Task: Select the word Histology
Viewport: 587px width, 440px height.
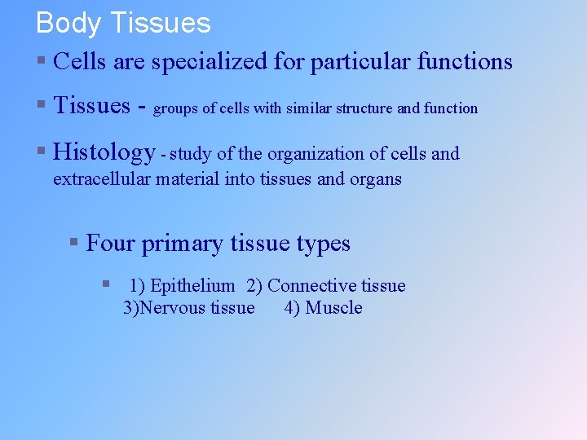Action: coord(104,152)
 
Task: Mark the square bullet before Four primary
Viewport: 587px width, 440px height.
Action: coord(73,242)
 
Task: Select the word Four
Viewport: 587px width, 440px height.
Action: coord(111,244)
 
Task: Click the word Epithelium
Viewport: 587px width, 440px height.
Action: coord(192,286)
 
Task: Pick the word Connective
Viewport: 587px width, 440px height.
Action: coord(307,286)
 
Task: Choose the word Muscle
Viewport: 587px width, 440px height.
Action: coord(333,308)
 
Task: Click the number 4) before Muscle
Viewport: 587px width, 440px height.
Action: coord(292,308)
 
